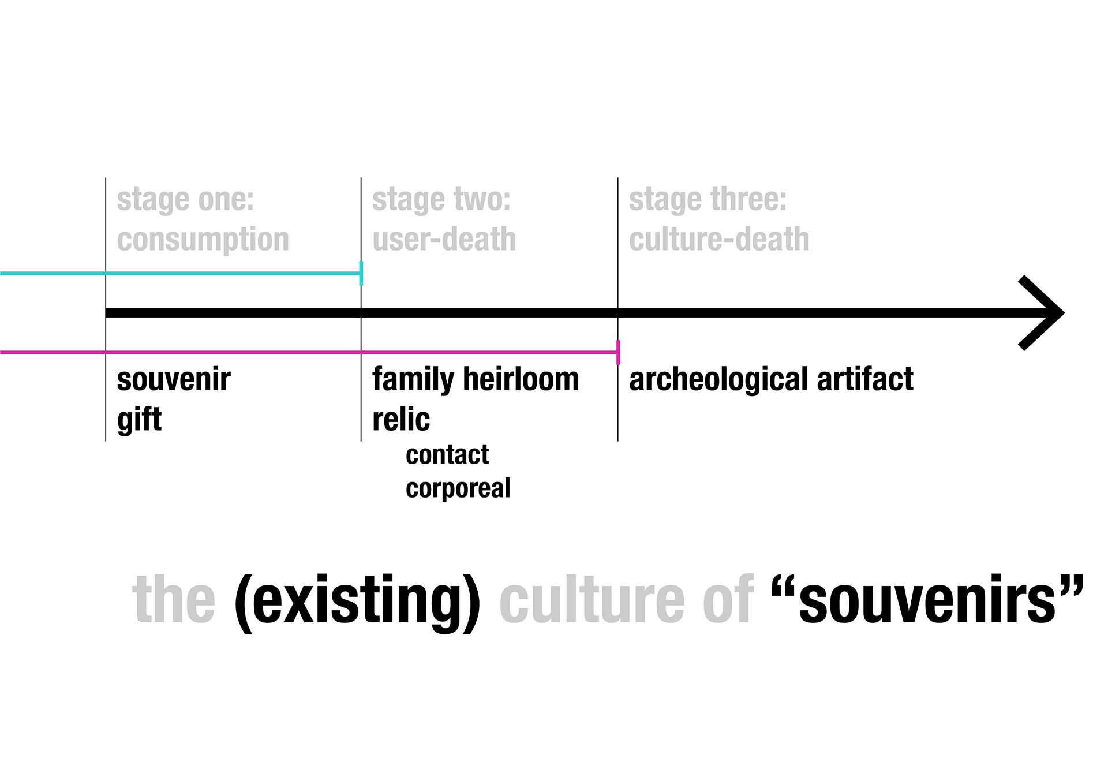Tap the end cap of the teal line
tap(361, 273)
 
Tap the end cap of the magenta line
tap(618, 352)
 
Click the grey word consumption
tap(203, 240)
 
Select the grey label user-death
tap(444, 240)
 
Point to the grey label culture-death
tap(718, 240)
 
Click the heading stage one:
tap(185, 200)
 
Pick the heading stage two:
tap(441, 200)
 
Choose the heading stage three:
tap(708, 200)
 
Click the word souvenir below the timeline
tap(174, 380)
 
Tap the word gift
tap(139, 419)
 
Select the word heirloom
tap(521, 380)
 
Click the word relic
tap(401, 419)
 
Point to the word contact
tap(447, 455)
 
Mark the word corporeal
tap(458, 488)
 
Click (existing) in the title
tap(357, 600)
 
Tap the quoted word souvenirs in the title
tap(927, 600)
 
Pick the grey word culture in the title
tap(592, 600)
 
